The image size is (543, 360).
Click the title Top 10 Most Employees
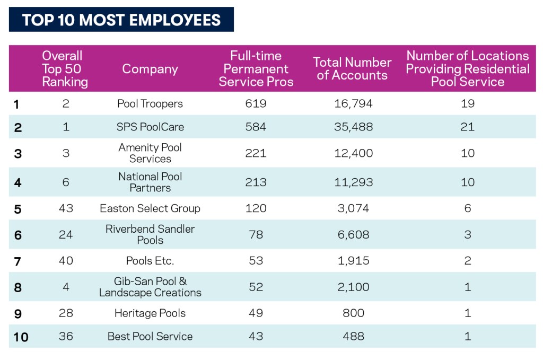[121, 20]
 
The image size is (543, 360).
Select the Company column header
[150, 69]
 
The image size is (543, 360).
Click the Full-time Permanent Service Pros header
[256, 69]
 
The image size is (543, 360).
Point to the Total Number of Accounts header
[352, 69]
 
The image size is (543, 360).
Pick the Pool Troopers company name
[150, 104]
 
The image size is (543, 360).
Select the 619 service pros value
[256, 104]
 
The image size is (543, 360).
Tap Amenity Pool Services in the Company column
[150, 153]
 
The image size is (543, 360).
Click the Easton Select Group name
[150, 208]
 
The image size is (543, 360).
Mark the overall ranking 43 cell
[66, 208]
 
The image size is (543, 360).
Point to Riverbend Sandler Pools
[150, 234]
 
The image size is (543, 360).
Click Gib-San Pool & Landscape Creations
[150, 287]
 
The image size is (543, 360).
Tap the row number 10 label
[21, 337]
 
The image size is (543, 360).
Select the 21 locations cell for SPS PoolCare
[467, 127]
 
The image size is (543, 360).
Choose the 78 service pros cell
[256, 234]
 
